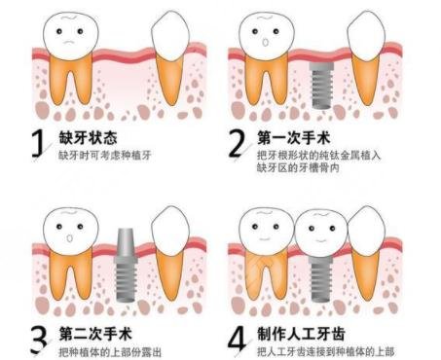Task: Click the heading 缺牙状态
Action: [88, 136]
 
